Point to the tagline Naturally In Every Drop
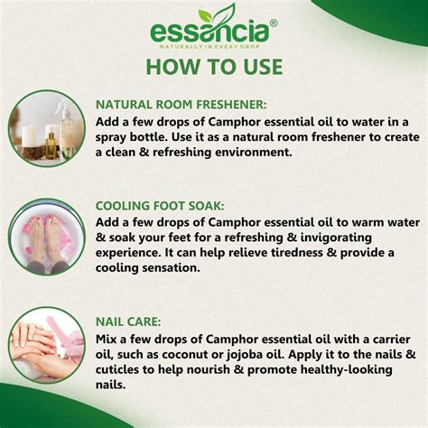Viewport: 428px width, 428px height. click(213, 46)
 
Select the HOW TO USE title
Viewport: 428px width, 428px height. click(214, 68)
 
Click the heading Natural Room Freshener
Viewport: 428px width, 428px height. click(181, 104)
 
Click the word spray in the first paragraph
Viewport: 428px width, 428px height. click(116, 136)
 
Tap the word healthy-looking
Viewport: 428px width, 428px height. click(351, 369)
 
